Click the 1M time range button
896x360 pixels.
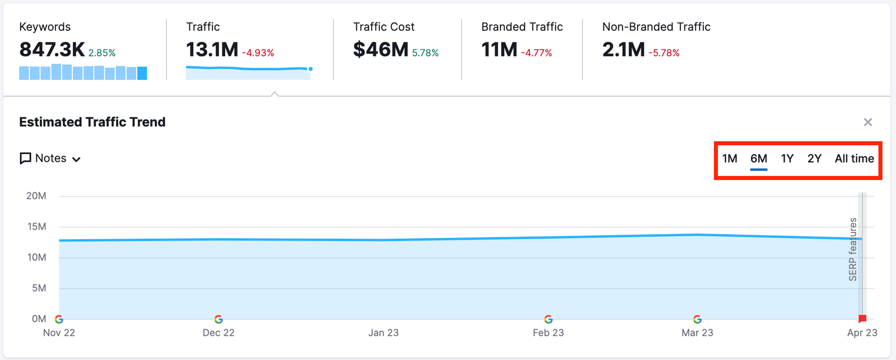[x=729, y=158]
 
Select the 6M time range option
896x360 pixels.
[x=758, y=158]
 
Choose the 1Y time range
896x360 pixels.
[x=787, y=158]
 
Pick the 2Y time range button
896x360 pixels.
[x=814, y=158]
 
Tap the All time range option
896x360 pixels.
[x=854, y=158]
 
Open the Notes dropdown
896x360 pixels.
[x=50, y=158]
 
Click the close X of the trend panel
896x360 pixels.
[x=868, y=122]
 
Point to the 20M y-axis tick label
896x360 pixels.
[x=36, y=196]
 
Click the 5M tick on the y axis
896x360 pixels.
[x=39, y=288]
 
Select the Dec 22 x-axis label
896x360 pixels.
[x=218, y=333]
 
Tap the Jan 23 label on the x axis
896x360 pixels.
[x=384, y=333]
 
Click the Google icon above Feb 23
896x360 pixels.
[x=548, y=319]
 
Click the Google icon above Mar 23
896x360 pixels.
[x=697, y=319]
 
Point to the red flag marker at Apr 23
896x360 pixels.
[x=862, y=319]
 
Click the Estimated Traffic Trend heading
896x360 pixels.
[x=92, y=122]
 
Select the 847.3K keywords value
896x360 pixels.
[x=52, y=50]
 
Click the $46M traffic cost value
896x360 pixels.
[x=381, y=50]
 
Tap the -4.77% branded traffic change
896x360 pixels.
[x=536, y=53]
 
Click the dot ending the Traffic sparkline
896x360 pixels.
[x=310, y=69]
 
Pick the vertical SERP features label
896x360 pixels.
[x=853, y=249]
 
